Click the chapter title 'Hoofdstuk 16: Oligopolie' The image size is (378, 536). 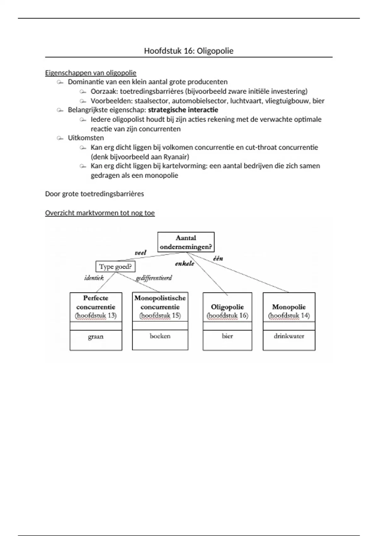pos(189,51)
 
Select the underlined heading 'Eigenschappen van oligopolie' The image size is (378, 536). pos(91,73)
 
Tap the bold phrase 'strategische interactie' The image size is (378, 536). pos(183,110)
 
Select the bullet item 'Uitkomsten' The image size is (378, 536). pos(86,138)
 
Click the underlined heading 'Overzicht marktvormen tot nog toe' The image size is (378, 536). pos(100,213)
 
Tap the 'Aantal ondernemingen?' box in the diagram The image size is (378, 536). pos(186,242)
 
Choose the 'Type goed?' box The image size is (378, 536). pos(115,267)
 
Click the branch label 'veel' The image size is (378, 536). pos(140,253)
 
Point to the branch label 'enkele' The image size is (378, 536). pos(185,264)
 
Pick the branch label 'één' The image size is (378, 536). pos(218,258)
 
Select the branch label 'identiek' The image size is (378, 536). pos(94,278)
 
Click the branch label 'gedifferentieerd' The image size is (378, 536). pos(154,278)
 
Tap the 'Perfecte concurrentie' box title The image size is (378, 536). pos(96,302)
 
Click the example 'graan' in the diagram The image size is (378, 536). pos(96,337)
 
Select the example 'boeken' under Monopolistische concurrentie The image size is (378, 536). pos(160,336)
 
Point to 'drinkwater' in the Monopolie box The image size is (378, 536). pos(289,336)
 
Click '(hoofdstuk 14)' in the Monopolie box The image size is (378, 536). pos(289,315)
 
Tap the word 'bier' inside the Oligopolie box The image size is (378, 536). pos(227,336)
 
